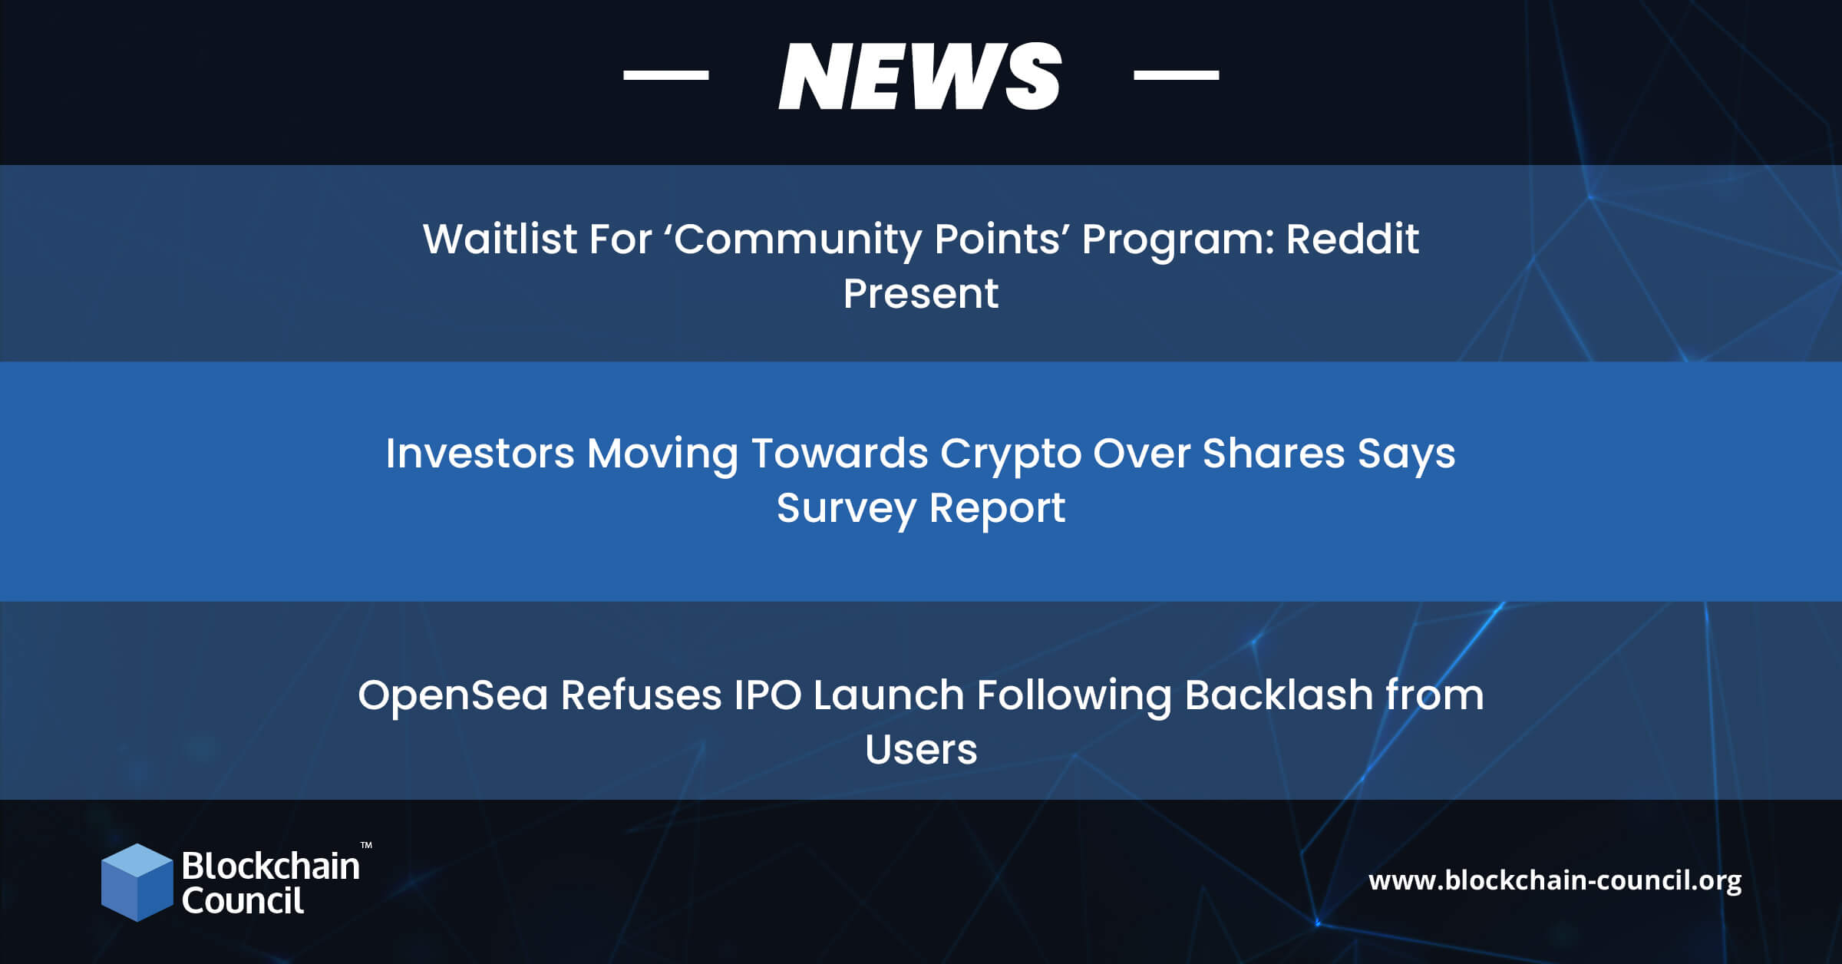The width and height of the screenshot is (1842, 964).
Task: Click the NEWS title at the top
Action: click(920, 75)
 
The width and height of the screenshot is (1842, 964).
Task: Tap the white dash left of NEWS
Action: click(665, 74)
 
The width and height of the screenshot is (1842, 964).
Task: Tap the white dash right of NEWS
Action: click(1176, 74)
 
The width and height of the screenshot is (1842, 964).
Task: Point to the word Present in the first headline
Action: click(921, 293)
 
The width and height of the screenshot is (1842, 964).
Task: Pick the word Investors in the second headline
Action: click(480, 453)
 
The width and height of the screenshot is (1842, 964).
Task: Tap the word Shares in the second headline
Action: click(1274, 453)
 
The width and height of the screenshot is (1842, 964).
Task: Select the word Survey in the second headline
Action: click(847, 508)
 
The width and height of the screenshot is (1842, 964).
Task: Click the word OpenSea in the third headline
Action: click(453, 695)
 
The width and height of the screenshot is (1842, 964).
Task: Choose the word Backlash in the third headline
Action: click(1279, 695)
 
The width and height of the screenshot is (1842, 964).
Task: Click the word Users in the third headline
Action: click(921, 750)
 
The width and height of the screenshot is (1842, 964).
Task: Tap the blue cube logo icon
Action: click(137, 883)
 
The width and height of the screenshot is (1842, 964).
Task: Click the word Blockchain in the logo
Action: click(271, 866)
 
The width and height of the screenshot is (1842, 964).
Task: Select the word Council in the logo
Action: click(243, 900)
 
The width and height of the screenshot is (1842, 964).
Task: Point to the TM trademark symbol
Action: click(366, 845)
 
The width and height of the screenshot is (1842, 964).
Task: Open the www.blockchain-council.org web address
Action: click(1555, 880)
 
